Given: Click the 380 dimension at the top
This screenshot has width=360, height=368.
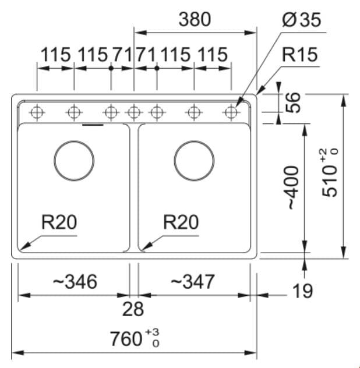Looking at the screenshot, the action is point(195,19).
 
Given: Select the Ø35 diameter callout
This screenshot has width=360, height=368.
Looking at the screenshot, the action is point(301,20).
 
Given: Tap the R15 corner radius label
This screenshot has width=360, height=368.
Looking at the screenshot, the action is point(299,55).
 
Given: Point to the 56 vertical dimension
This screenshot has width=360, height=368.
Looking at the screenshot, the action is point(292,102).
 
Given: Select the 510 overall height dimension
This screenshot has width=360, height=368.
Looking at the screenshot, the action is point(330,172).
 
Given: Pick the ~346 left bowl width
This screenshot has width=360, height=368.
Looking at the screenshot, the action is point(75,281).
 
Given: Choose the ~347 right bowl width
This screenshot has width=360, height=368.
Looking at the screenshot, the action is point(193,281).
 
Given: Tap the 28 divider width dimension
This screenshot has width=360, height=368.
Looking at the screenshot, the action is point(133,309).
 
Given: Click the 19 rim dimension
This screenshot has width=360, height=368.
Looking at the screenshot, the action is point(303,291).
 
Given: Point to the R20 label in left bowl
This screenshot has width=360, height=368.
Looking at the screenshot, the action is point(59,222).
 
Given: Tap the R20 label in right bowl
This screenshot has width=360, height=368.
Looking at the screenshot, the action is point(181,222).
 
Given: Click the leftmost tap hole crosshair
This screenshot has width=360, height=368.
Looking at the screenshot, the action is point(37,112).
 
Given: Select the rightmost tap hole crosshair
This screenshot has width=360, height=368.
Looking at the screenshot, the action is point(231,112).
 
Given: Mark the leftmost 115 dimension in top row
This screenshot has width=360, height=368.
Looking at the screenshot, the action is point(56,55).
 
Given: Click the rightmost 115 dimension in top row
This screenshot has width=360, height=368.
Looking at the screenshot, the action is point(213,55).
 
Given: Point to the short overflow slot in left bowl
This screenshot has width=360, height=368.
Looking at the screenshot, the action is point(93,125).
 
